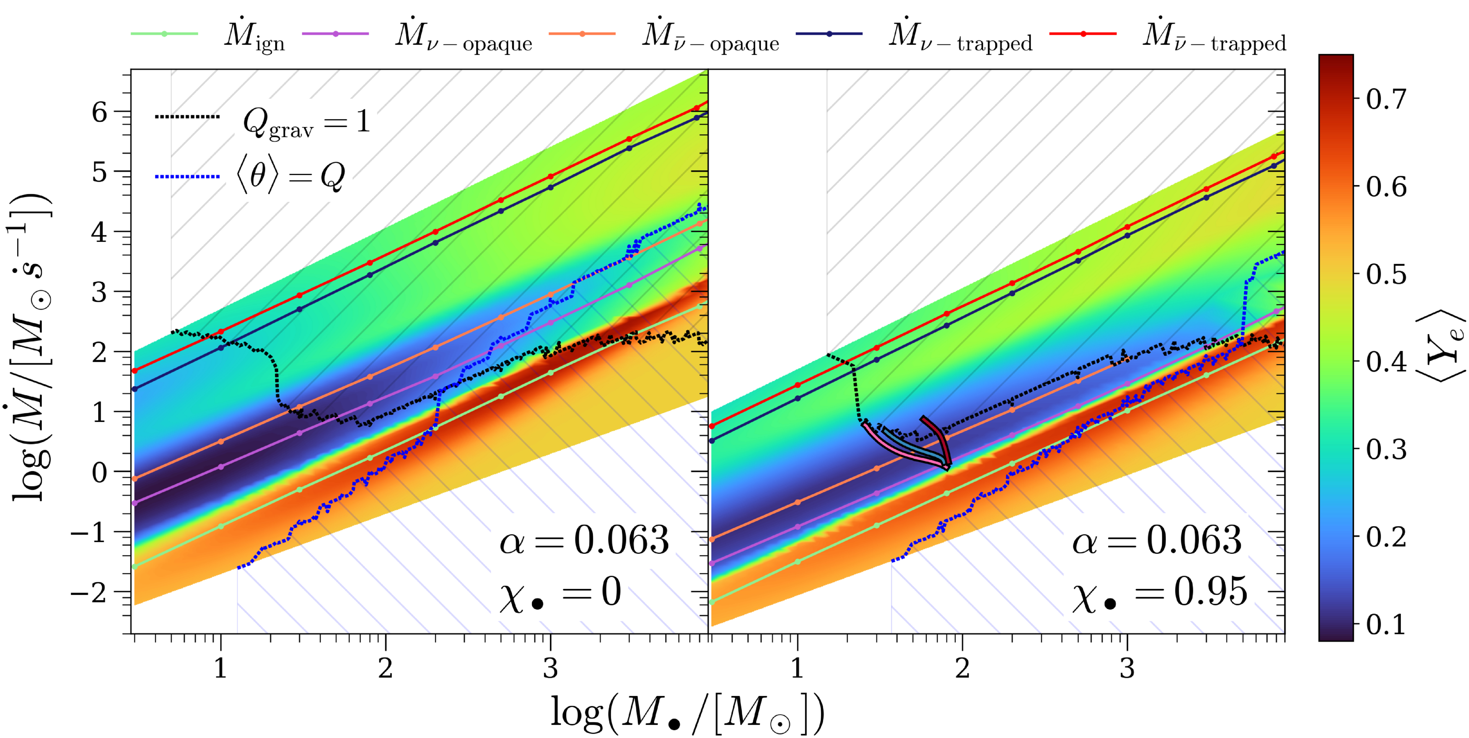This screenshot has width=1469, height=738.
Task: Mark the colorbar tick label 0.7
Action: (1386, 99)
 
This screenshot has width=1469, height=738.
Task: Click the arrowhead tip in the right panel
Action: (947, 469)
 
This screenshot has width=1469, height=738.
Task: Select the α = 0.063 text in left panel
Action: (584, 540)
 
